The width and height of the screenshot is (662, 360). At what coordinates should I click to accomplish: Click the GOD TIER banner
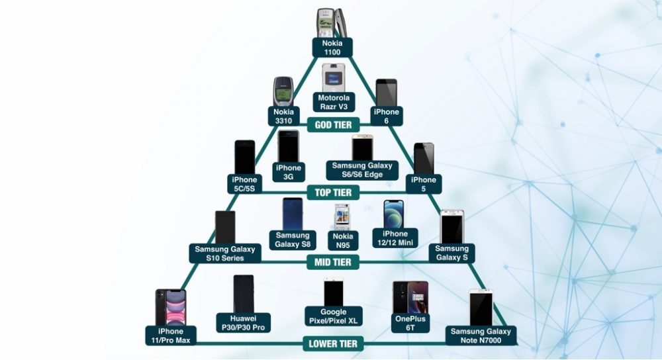(333, 124)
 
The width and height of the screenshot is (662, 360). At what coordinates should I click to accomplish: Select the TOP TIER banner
(333, 192)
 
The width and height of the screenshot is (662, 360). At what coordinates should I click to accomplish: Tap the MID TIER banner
(333, 262)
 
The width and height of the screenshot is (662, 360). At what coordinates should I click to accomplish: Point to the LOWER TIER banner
(333, 343)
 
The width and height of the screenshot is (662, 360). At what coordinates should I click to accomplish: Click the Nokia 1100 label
(333, 46)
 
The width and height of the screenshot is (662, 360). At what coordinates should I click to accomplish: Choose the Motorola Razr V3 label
(333, 102)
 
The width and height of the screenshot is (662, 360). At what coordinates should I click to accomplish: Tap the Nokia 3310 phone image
(283, 92)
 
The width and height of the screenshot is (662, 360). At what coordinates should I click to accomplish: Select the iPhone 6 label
(386, 116)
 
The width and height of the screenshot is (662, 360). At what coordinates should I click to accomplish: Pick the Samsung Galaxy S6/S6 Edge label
(362, 169)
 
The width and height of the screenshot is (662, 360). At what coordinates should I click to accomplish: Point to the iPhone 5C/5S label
(244, 184)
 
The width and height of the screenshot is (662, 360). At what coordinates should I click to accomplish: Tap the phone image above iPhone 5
(424, 158)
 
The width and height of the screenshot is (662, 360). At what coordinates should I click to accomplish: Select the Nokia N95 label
(344, 240)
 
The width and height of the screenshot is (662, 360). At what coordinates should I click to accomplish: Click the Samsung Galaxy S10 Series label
(224, 253)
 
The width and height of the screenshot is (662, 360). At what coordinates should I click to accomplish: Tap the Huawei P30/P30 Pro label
(243, 323)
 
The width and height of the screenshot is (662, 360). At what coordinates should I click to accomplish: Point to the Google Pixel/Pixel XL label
(333, 316)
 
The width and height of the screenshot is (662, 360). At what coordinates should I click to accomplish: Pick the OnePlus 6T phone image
(401, 298)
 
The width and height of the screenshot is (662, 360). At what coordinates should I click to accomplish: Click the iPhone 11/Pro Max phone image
(170, 307)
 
